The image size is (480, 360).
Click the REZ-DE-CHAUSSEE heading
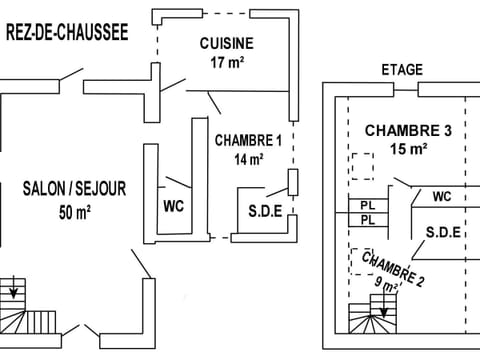(67, 33)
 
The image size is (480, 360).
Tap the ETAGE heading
(402, 70)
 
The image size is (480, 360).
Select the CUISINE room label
(226, 43)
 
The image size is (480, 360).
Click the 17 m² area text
(228, 62)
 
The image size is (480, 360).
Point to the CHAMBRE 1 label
(248, 140)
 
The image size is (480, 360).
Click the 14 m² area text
(249, 159)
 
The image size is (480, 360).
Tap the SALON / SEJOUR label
(68, 187)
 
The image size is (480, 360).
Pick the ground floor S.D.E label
(265, 211)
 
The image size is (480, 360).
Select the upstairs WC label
(441, 197)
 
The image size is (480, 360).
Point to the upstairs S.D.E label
(442, 232)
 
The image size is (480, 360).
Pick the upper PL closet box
(367, 205)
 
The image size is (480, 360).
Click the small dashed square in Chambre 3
(361, 165)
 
